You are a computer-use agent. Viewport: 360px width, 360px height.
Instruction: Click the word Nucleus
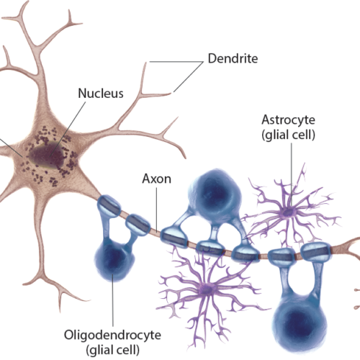101,93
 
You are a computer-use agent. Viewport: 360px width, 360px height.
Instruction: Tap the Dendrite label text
233,58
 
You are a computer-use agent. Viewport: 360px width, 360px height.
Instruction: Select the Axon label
157,179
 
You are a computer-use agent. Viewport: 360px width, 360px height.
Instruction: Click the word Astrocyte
288,120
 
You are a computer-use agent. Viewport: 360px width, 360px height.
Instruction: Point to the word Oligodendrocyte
112,335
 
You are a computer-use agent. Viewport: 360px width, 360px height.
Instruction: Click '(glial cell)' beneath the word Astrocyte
288,135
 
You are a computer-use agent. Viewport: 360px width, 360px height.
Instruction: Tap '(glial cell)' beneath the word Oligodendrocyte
112,350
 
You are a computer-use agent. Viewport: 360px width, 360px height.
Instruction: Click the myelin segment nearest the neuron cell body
109,207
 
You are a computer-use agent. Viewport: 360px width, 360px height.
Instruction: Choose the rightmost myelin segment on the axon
316,251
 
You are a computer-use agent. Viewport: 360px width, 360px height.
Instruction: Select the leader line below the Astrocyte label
292,175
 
